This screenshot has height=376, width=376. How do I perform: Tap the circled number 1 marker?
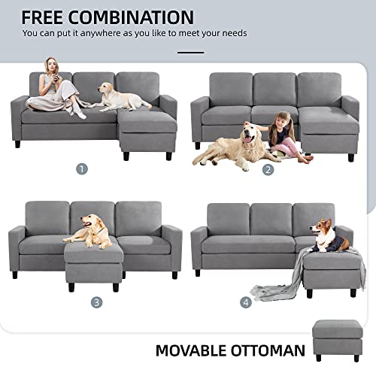pos(81,168)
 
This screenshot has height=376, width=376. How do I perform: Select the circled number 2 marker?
pos(268,169)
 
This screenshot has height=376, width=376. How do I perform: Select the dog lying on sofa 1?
pos(121,96)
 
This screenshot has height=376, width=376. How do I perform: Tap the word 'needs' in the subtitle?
pos(232,33)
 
